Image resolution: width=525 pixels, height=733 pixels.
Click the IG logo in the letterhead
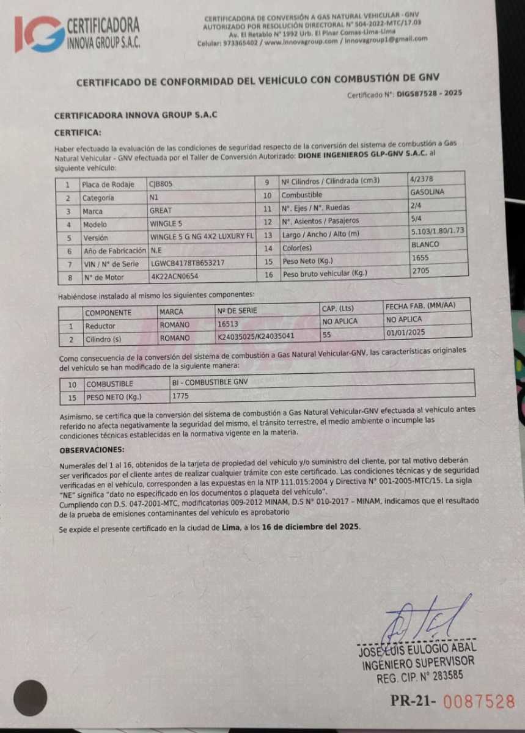point(39,34)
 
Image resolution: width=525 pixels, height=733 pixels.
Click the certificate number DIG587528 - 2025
point(429,93)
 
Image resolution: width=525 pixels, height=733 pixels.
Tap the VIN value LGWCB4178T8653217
point(187,264)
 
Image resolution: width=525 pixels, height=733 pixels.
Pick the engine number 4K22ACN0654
point(175,277)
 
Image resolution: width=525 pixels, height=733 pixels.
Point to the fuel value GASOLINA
point(427,192)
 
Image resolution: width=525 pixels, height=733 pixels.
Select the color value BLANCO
point(425,244)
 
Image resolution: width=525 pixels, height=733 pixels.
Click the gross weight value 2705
point(420,271)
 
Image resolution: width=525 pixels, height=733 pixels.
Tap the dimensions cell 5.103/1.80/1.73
point(438,232)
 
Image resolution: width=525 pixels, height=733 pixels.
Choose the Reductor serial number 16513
point(227,324)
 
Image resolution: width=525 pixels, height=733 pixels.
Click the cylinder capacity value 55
point(327,335)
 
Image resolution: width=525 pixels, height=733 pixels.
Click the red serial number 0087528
point(479,701)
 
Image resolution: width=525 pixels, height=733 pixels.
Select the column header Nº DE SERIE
point(237,311)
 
